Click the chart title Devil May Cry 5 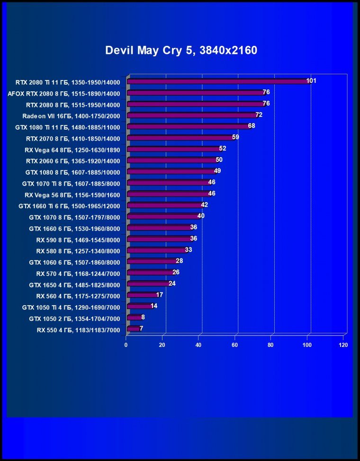(x=181, y=50)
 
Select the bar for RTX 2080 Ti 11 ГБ (x=218, y=81)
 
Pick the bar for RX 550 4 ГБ (x=134, y=328)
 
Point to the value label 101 (x=311, y=81)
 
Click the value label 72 (x=259, y=115)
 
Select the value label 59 (x=235, y=137)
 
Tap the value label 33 (x=188, y=249)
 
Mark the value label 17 (x=160, y=294)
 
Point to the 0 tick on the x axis (x=126, y=345)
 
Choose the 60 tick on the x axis (x=235, y=345)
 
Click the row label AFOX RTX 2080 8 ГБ (x=64, y=94)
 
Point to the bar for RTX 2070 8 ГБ (x=180, y=138)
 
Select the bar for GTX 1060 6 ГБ (x=152, y=261)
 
